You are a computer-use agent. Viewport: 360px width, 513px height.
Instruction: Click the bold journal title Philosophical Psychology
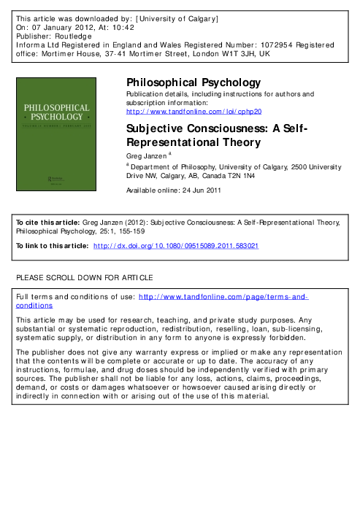(194, 82)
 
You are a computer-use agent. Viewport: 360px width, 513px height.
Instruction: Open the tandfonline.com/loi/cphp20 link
(194, 112)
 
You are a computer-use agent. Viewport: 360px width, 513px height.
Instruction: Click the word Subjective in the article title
(156, 129)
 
